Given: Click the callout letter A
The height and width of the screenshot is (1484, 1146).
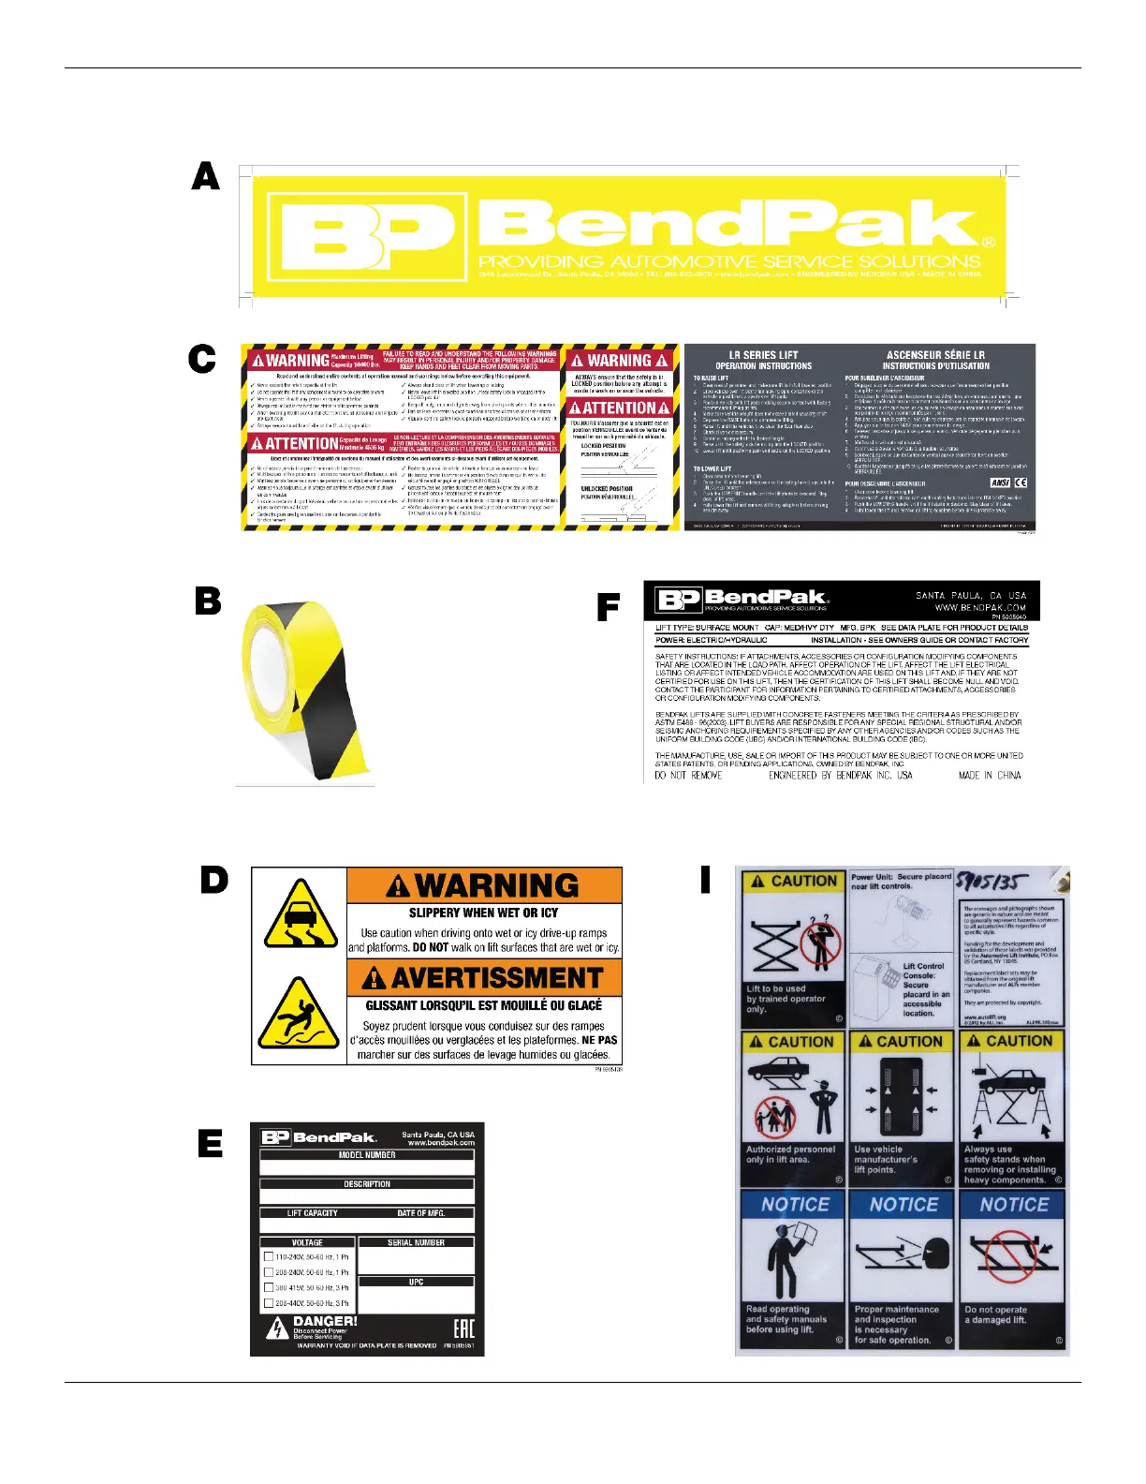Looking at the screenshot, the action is click(x=206, y=175).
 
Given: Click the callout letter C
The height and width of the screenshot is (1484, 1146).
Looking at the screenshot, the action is click(x=202, y=359).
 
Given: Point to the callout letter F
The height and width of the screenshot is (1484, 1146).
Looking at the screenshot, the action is click(x=609, y=609).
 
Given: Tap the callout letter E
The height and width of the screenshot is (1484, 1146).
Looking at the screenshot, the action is click(x=212, y=1143).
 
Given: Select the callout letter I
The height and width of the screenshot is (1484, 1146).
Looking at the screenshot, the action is click(x=705, y=880).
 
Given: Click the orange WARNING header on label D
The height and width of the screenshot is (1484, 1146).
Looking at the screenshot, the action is click(x=484, y=885).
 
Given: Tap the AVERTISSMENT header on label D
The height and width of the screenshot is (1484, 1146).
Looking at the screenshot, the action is click(x=484, y=978).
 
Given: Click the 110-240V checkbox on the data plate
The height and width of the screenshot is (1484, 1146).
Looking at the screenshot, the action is click(x=270, y=1257).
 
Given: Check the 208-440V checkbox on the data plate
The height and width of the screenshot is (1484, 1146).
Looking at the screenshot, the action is click(x=270, y=1303).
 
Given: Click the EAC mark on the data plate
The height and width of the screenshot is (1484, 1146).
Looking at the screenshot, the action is click(x=463, y=1328).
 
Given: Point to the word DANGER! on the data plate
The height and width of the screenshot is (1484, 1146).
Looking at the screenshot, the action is click(x=325, y=1321).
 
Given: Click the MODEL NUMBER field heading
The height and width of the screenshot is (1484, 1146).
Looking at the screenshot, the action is click(x=367, y=1155).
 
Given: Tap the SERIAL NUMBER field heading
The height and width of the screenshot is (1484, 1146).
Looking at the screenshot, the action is click(x=416, y=1242).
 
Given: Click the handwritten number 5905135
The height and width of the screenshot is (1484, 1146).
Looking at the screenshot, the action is click(x=992, y=883).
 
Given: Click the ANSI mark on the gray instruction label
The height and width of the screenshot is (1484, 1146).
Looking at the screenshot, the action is click(x=999, y=482).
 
